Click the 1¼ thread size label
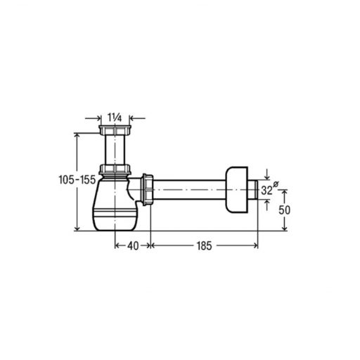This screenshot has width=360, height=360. point(115,117)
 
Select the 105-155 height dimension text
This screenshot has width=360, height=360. point(77,180)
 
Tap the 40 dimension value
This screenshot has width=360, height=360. point(133,246)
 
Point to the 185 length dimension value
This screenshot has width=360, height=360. point(204,246)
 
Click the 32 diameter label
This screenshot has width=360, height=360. point(266,191)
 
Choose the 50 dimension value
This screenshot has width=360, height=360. point(284,210)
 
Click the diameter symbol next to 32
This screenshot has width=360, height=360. point(276,184)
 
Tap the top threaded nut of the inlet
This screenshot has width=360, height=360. point(115,130)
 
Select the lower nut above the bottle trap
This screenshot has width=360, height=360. point(115,169)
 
